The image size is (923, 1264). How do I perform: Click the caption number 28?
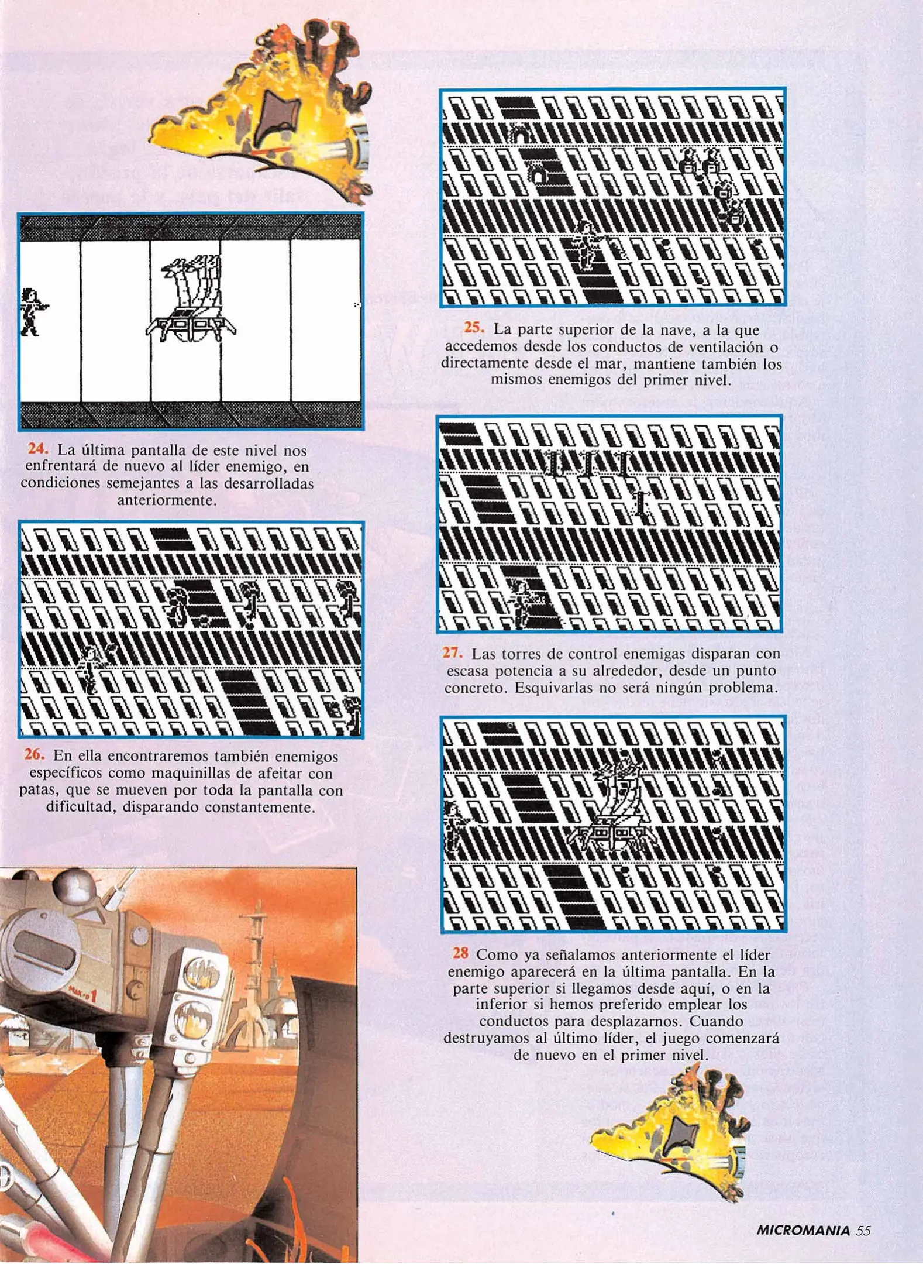pyautogui.click(x=460, y=953)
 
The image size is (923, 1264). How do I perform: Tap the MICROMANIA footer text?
pyautogui.click(x=803, y=1230)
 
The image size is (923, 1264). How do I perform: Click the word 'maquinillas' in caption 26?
pyautogui.click(x=155, y=773)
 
